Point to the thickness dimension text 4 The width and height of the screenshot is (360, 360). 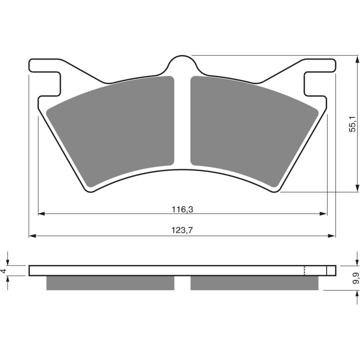pos(4,271)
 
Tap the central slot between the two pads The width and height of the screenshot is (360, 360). pos(182,121)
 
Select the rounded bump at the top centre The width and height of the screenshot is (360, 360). pos(182,63)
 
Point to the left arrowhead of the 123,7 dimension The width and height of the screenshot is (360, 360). pos(31,236)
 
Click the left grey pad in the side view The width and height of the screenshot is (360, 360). pos(110,283)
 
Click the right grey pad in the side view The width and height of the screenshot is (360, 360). pos(254,283)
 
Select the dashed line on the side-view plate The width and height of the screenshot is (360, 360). pos(305,271)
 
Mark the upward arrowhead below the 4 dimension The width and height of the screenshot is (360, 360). pos(8,279)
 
